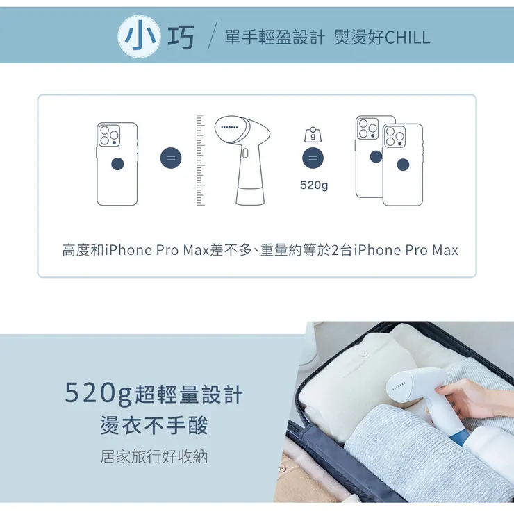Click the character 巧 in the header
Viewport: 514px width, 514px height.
click(181, 38)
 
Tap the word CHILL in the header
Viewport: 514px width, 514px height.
click(407, 38)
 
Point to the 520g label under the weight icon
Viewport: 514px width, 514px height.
click(314, 185)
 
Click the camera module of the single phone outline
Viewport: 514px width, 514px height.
click(108, 135)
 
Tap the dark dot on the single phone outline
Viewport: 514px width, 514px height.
click(117, 164)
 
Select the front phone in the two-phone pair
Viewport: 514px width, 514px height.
click(402, 165)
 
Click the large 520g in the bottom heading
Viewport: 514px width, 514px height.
click(98, 395)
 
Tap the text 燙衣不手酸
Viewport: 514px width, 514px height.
click(154, 425)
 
